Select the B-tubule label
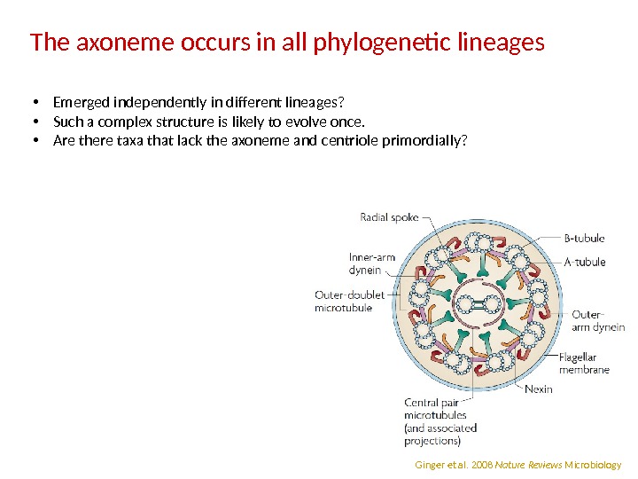pyautogui.click(x=585, y=238)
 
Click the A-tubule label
pyautogui.click(x=585, y=262)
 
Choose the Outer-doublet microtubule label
pyautogui.click(x=344, y=302)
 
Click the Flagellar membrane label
pyautogui.click(x=584, y=364)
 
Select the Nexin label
pyautogui.click(x=538, y=389)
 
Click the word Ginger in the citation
pyautogui.click(x=429, y=465)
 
